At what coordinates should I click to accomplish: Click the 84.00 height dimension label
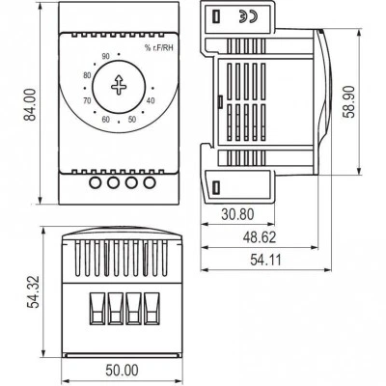tap(31, 104)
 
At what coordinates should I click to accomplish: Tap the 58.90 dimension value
tap(348, 102)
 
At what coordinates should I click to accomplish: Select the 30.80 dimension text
tap(237, 214)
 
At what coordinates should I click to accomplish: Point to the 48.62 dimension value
tap(260, 237)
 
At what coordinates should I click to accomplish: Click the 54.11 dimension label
tap(265, 260)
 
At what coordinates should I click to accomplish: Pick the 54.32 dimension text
tap(33, 291)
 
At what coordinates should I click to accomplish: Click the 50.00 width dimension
tap(122, 371)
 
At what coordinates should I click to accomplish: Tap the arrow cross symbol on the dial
tap(119, 85)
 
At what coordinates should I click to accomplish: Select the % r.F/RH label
tap(158, 48)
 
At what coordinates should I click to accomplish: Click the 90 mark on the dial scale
tap(105, 57)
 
